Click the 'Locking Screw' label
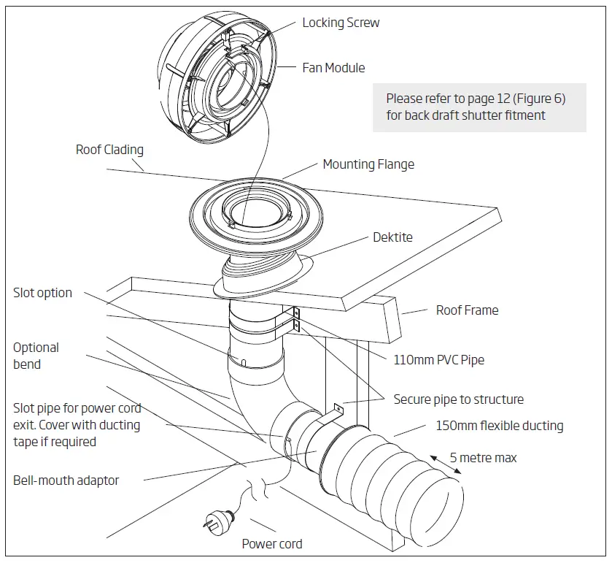pos(341,23)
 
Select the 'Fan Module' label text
pos(333,68)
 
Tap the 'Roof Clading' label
pos(109,150)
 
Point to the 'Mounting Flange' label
pos(368,164)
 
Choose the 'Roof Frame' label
pos(467,310)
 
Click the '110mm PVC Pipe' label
pos(438,359)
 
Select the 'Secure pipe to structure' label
pos(458,399)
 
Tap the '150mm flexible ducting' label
pos(499,426)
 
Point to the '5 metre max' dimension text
pos(483,458)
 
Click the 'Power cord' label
pos(271,543)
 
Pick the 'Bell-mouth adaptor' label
pos(66,480)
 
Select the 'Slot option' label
pos(42,293)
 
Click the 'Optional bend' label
pos(36,356)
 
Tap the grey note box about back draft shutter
pos(479,107)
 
